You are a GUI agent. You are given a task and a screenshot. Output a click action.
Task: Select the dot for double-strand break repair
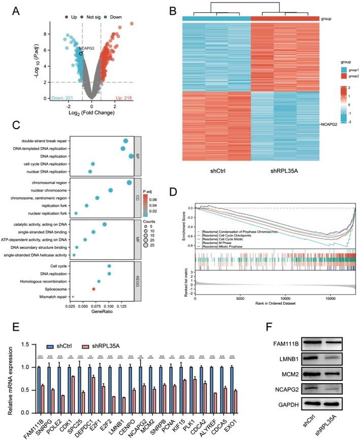pyautogui.click(x=125, y=141)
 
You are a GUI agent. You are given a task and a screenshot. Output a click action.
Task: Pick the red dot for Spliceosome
pyautogui.click(x=93, y=289)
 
